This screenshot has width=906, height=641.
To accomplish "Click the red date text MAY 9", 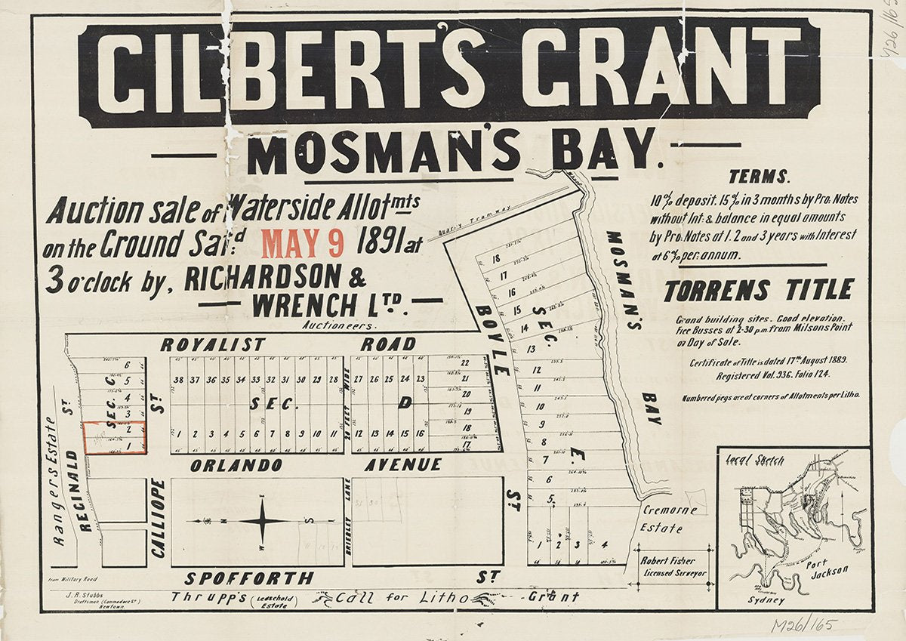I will coord(303,244).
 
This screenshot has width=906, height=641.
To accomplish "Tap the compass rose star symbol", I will coord(262,520).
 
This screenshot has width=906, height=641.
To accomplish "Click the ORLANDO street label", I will coord(236,465).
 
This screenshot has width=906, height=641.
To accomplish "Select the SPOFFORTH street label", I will coord(249,579).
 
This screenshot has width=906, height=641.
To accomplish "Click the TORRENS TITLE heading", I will coord(758,289).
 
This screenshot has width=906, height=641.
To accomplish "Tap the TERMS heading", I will coord(759,177).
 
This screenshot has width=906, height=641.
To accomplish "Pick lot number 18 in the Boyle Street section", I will coord(495,259).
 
